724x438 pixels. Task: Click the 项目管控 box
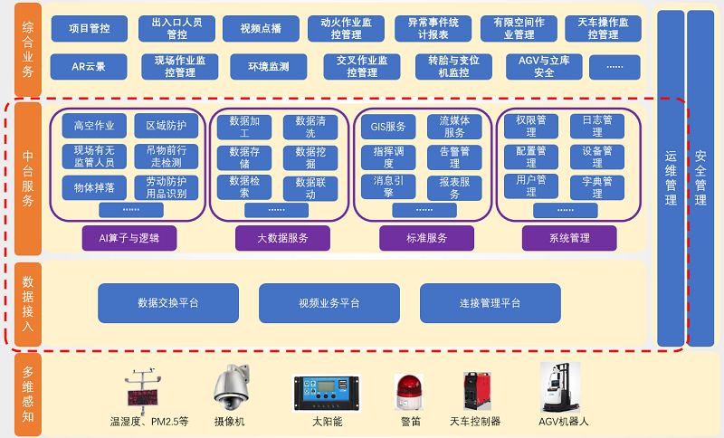(x=89, y=28)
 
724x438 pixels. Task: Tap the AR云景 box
(x=89, y=67)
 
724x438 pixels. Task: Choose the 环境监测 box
(x=259, y=67)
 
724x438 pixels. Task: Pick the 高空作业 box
(x=94, y=126)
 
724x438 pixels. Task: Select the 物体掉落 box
(x=94, y=187)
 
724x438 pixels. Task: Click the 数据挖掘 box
(x=310, y=157)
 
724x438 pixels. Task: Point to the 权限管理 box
(x=531, y=126)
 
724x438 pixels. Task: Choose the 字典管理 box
(x=597, y=187)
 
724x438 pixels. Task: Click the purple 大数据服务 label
(x=282, y=238)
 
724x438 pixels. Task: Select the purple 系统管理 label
(x=569, y=238)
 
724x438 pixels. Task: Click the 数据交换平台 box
(x=168, y=303)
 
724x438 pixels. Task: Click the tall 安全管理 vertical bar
(x=700, y=177)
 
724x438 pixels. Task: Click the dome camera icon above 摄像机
(x=229, y=388)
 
